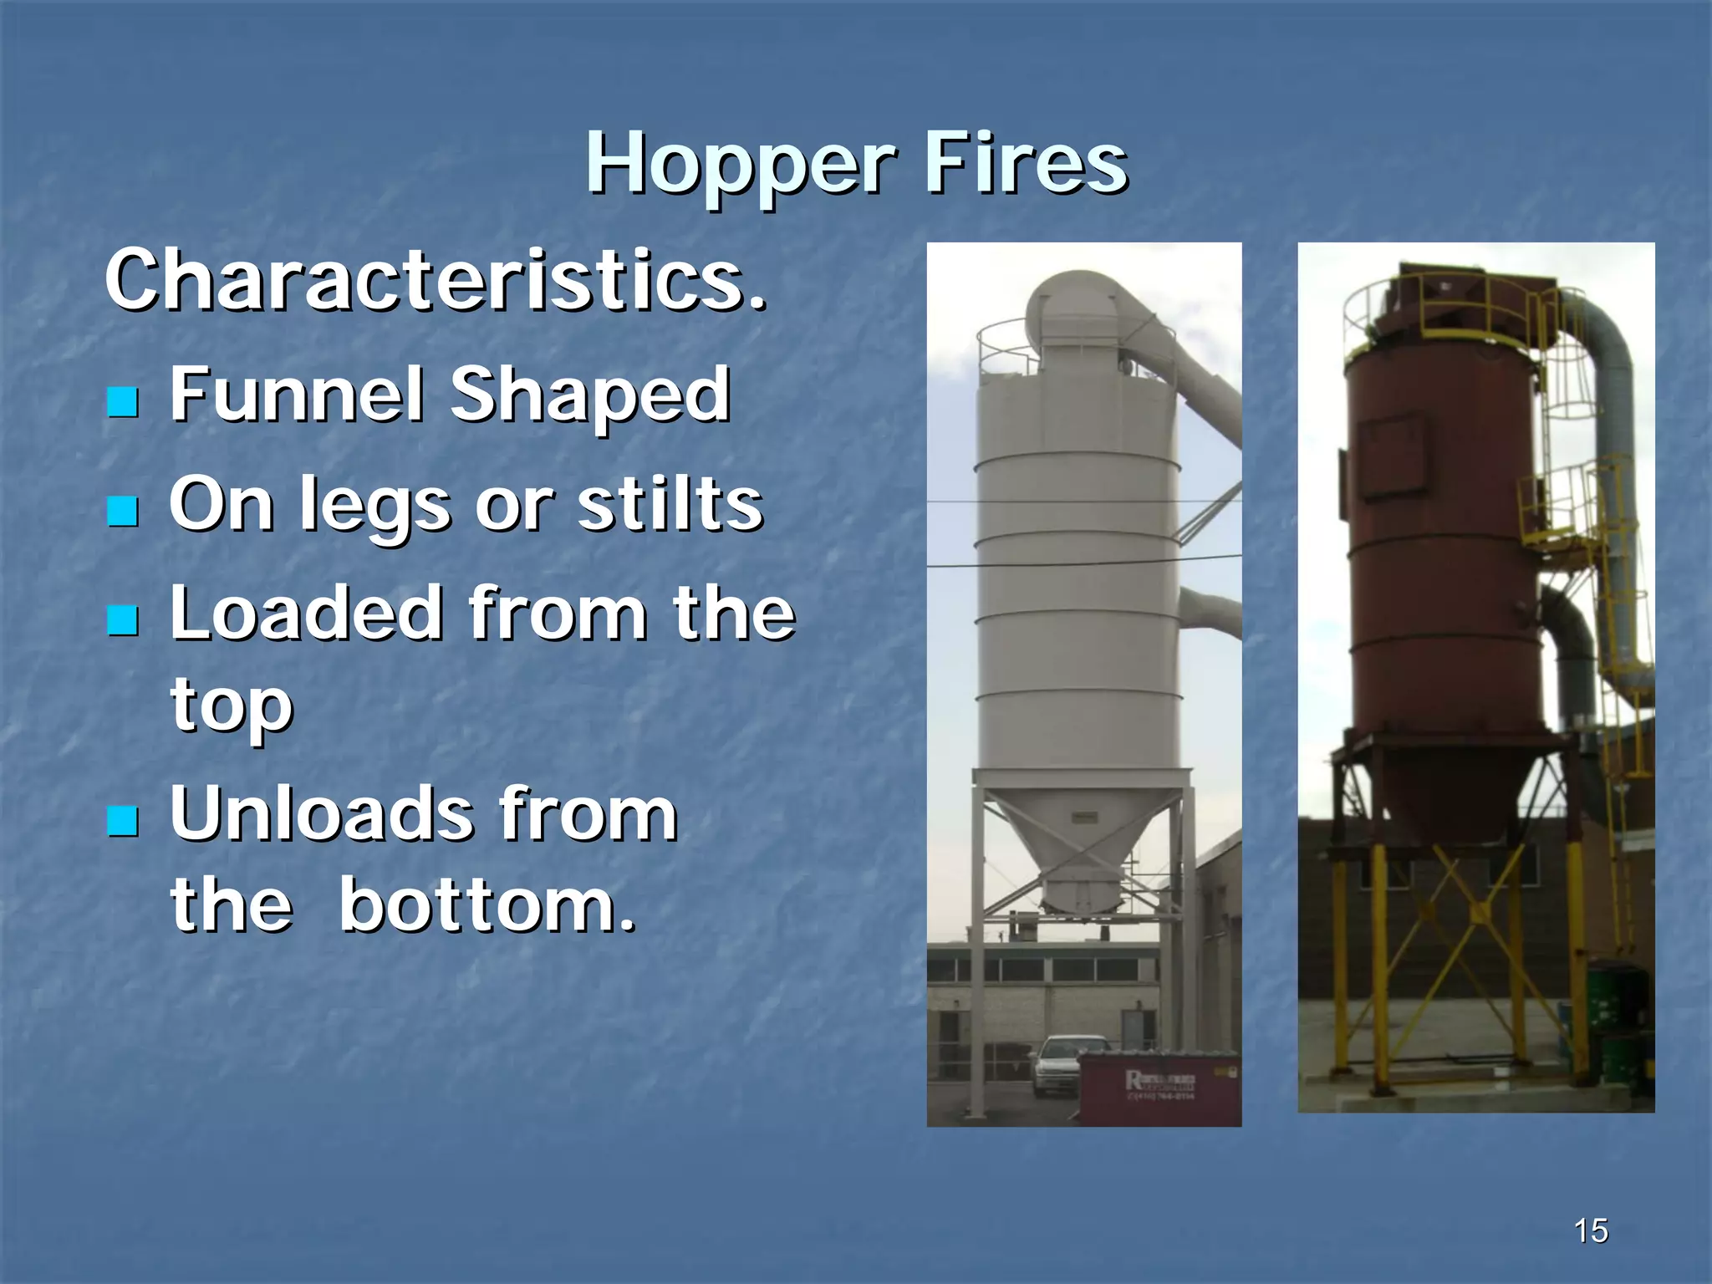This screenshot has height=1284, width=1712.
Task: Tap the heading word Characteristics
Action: pos(435,280)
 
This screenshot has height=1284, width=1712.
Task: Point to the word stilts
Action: pos(670,504)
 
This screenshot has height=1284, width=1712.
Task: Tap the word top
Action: pos(232,706)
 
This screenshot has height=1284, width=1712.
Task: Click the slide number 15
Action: pos(1590,1230)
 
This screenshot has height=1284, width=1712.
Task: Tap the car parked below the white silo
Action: pos(1062,1064)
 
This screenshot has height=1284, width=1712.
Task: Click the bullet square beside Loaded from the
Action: pos(123,620)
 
